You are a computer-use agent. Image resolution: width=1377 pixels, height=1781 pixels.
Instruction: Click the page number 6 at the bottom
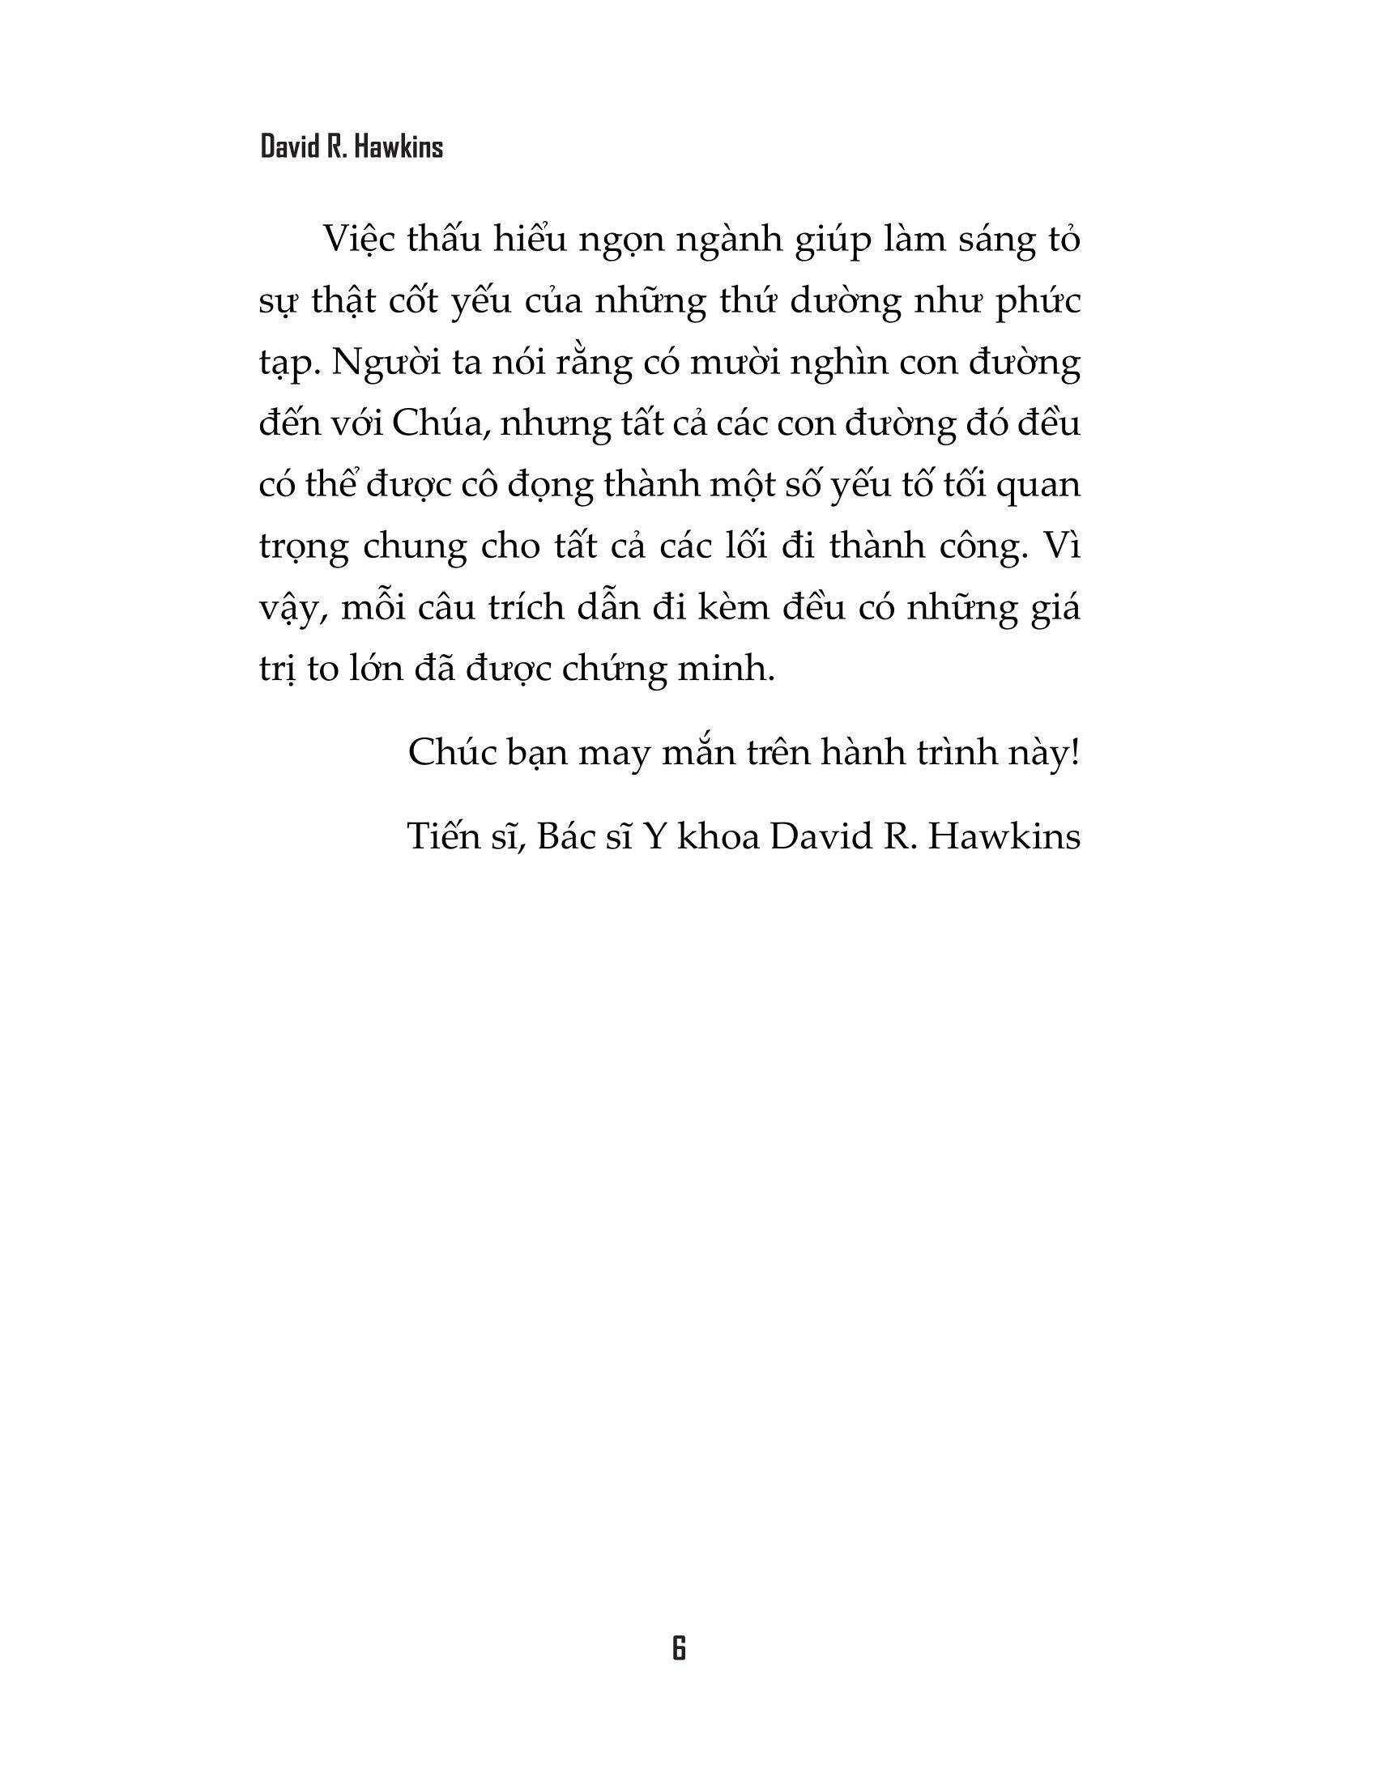point(679,1648)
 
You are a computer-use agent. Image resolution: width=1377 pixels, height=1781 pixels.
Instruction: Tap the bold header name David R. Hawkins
point(352,147)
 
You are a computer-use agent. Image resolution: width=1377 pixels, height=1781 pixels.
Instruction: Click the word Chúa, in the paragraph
point(437,424)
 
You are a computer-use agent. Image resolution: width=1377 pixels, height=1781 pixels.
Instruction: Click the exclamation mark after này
point(1075,753)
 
